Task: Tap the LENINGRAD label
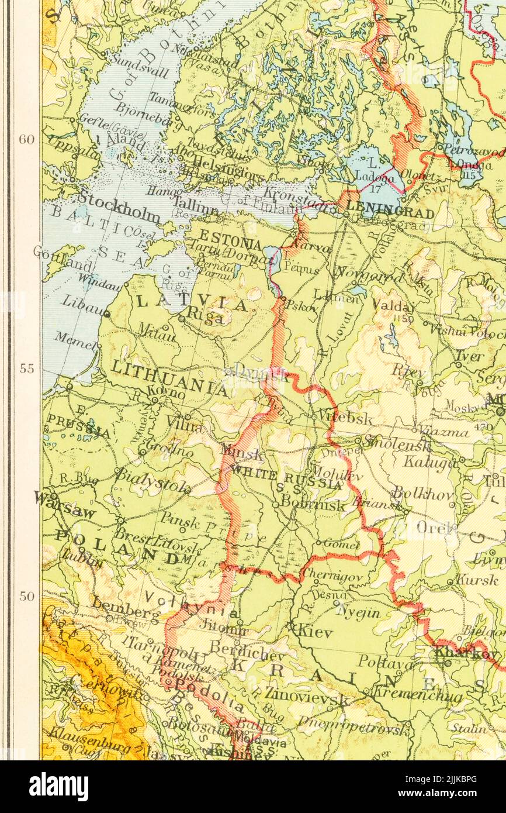coord(390,207)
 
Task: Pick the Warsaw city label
coord(65,504)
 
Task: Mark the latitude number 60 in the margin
coord(26,139)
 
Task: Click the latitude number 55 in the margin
coord(26,368)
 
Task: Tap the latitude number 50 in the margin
coord(26,596)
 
